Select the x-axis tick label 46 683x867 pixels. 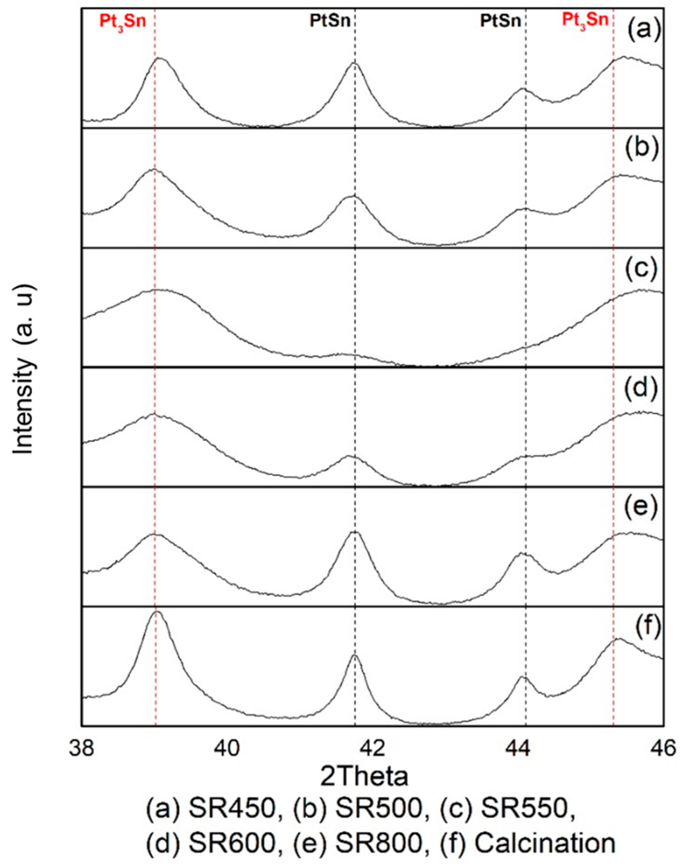point(664,748)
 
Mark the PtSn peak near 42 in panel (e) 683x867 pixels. point(354,532)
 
